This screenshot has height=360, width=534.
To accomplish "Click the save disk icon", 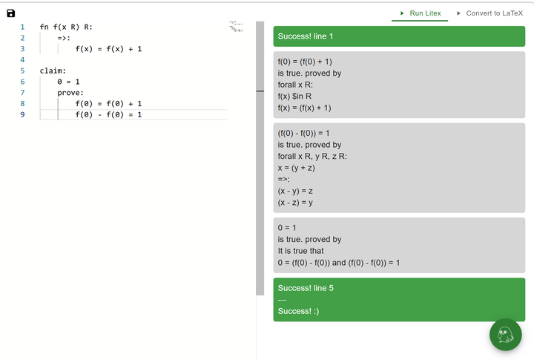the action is coord(11,13).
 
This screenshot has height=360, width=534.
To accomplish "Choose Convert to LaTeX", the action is coord(494,13).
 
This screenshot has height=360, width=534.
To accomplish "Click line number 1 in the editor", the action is coord(22,27).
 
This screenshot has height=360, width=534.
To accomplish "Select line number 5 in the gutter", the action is coord(22,71).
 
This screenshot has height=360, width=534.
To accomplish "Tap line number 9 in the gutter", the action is coord(22,114).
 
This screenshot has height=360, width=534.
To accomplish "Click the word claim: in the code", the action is coord(53,71).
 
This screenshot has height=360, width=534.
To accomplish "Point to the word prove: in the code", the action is coord(70,93).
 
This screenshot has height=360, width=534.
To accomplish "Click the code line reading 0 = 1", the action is coord(68,82).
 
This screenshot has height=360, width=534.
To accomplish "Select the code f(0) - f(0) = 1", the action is coord(108,114).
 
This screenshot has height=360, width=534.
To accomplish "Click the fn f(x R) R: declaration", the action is coord(66,27).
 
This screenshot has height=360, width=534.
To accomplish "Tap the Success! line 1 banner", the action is coord(399,36).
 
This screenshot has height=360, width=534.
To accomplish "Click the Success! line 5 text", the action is coord(306,288).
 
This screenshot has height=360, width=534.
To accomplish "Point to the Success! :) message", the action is coord(298,311).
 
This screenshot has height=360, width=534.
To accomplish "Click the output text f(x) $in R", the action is coord(294,96).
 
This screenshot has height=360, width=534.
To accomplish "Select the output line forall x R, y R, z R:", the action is coord(312,156).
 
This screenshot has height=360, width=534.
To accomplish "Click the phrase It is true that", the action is coord(300,251).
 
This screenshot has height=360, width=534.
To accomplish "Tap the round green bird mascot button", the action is coord(505,335).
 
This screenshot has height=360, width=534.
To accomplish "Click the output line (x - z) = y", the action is coord(295,203).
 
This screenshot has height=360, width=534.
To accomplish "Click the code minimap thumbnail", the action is coord(236,27).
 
